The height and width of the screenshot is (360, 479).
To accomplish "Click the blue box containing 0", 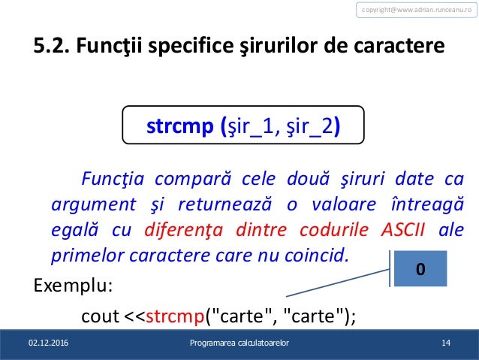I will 420,268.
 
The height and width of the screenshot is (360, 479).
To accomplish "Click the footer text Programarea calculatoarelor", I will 239,344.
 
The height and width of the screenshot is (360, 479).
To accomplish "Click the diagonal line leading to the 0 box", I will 338,282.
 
